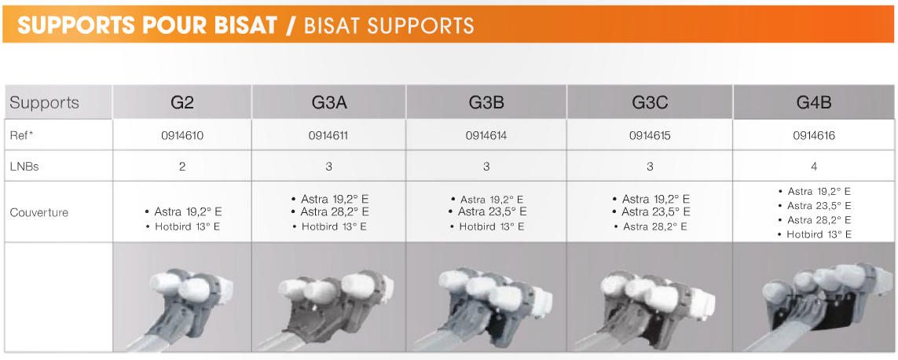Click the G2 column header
click(182, 103)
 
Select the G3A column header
click(328, 103)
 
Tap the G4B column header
click(814, 103)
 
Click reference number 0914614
click(486, 136)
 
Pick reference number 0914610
click(182, 136)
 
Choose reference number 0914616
click(814, 136)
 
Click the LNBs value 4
click(814, 167)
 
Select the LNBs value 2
click(182, 167)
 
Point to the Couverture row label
click(39, 212)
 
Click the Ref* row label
click(23, 136)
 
